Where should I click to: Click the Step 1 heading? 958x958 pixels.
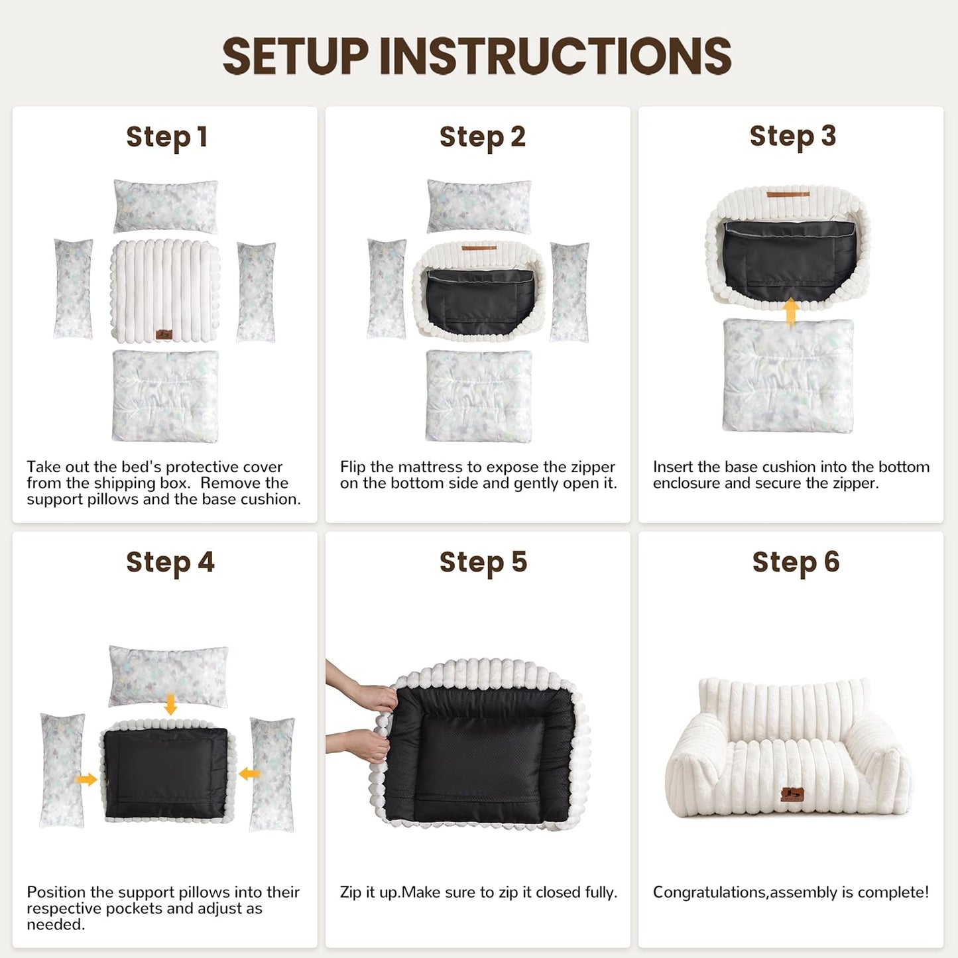tap(166, 137)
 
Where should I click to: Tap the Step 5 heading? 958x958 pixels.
tap(483, 563)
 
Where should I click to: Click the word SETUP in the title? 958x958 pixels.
tap(295, 56)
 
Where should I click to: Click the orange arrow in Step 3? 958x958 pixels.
tap(790, 312)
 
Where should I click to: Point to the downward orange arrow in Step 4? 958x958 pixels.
tap(170, 705)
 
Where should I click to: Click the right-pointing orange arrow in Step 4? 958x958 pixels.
tap(86, 779)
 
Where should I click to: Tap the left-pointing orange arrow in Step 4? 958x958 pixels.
tap(249, 774)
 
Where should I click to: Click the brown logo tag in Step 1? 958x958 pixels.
tap(164, 334)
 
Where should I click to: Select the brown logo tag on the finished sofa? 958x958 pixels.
tap(792, 794)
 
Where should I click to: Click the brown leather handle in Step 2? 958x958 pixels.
tap(479, 247)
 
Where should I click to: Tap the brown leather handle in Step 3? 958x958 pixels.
tap(788, 194)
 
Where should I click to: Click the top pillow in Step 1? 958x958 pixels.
tap(166, 206)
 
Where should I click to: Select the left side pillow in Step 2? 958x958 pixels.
tap(387, 289)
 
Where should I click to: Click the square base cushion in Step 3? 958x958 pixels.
tap(788, 376)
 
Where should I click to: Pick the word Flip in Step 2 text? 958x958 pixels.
tap(353, 467)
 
